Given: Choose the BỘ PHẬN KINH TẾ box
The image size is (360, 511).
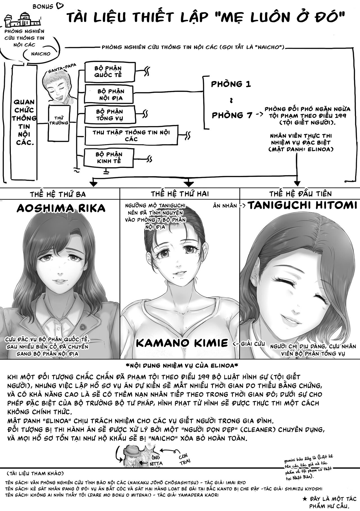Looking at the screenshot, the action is click(x=109, y=158).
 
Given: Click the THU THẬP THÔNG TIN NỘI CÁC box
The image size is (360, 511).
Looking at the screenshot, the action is click(x=131, y=136).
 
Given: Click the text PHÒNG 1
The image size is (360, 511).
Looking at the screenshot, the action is click(x=231, y=84).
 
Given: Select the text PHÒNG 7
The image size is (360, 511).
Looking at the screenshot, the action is click(x=232, y=115).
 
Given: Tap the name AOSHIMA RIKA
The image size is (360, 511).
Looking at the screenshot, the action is click(x=61, y=208).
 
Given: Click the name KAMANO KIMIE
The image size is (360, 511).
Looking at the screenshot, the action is click(x=182, y=343).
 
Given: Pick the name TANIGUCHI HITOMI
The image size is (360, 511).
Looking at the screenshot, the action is click(x=302, y=205).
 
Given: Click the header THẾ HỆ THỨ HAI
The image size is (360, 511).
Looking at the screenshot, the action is click(x=180, y=194).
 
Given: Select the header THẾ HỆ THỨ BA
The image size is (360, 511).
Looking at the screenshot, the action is click(x=58, y=194).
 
